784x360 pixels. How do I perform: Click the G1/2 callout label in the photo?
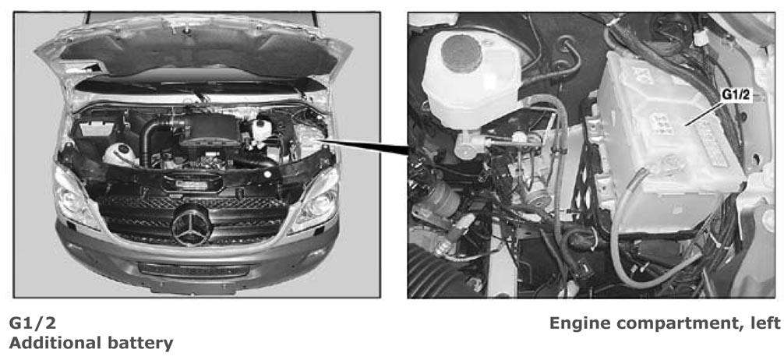point(736,95)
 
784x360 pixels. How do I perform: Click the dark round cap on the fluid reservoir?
point(461,53)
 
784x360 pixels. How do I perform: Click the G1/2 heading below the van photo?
point(33,323)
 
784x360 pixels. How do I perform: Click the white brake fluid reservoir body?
point(470,80)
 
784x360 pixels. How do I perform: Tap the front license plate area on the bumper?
point(194,270)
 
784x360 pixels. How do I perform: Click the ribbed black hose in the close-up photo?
point(431,273)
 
